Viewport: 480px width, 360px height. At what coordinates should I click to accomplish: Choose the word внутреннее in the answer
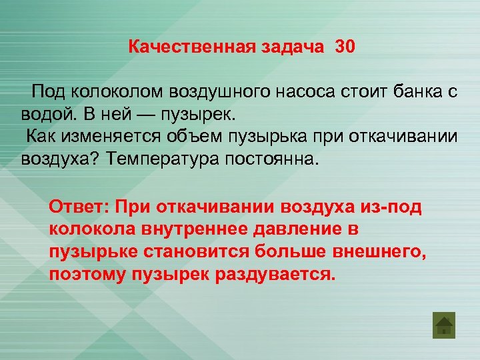[187, 230]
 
